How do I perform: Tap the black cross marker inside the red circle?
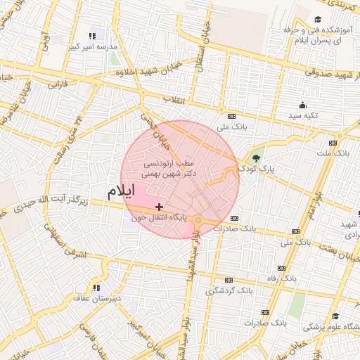click(160, 207)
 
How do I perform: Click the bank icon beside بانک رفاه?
click(281, 268)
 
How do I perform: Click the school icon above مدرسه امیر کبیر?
click(91, 35)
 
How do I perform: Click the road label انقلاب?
click(174, 99)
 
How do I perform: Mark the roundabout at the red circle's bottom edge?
click(198, 221)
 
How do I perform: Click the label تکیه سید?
click(304, 115)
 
